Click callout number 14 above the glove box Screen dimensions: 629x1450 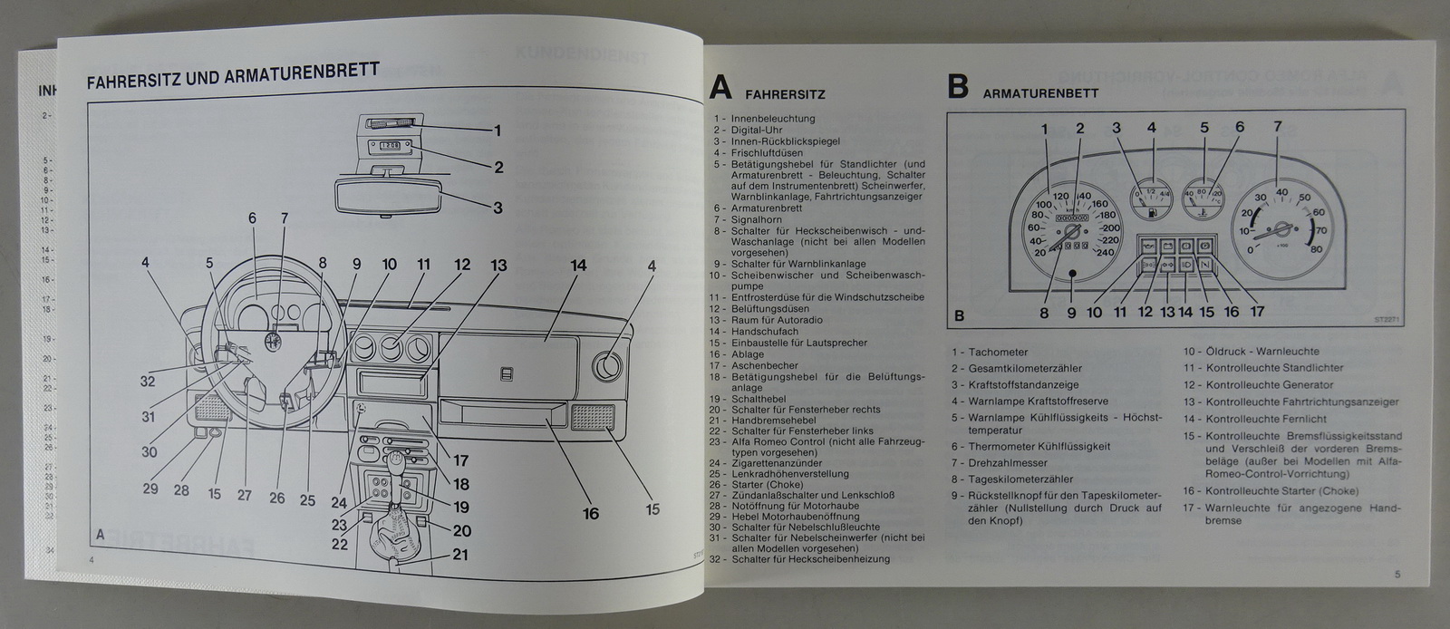[x=578, y=266]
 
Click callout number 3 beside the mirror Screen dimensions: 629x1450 [x=498, y=208]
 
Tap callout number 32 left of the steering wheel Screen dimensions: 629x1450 [x=148, y=382]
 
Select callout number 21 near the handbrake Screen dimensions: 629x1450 [x=461, y=555]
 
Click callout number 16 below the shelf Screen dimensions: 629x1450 [x=590, y=514]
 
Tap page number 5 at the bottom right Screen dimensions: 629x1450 [x=1397, y=573]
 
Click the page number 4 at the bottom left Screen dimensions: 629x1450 [x=92, y=560]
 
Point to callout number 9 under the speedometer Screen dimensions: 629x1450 [x=1070, y=313]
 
